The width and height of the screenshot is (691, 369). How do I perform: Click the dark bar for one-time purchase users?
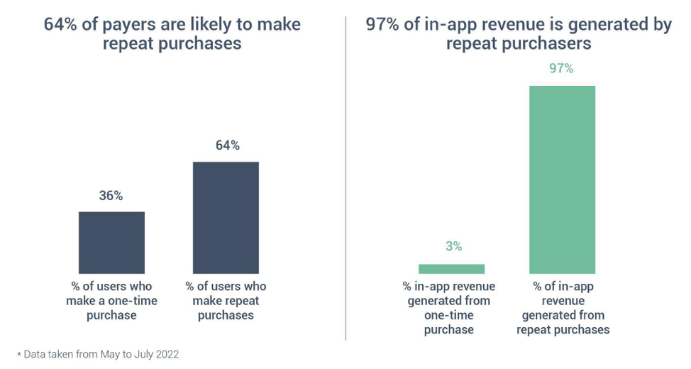(111, 243)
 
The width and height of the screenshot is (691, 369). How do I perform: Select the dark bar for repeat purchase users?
(226, 218)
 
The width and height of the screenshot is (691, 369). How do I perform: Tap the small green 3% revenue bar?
(451, 269)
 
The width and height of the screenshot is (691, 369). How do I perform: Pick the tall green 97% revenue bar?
(562, 180)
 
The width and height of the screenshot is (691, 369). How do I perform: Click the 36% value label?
(111, 196)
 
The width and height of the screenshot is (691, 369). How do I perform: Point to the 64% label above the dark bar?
(227, 145)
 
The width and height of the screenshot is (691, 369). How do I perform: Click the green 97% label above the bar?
(561, 69)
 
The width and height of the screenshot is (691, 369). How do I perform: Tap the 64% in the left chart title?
(60, 25)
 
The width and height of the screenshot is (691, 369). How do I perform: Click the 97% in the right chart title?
(383, 25)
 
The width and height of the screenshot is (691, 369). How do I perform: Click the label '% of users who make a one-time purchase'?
(111, 301)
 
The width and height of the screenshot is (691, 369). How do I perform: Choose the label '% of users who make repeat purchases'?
(226, 301)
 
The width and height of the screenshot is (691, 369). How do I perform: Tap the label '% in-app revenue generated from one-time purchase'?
(449, 308)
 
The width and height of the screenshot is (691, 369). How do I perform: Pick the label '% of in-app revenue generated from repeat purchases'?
(563, 308)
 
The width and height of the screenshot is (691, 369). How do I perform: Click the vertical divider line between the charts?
(345, 177)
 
